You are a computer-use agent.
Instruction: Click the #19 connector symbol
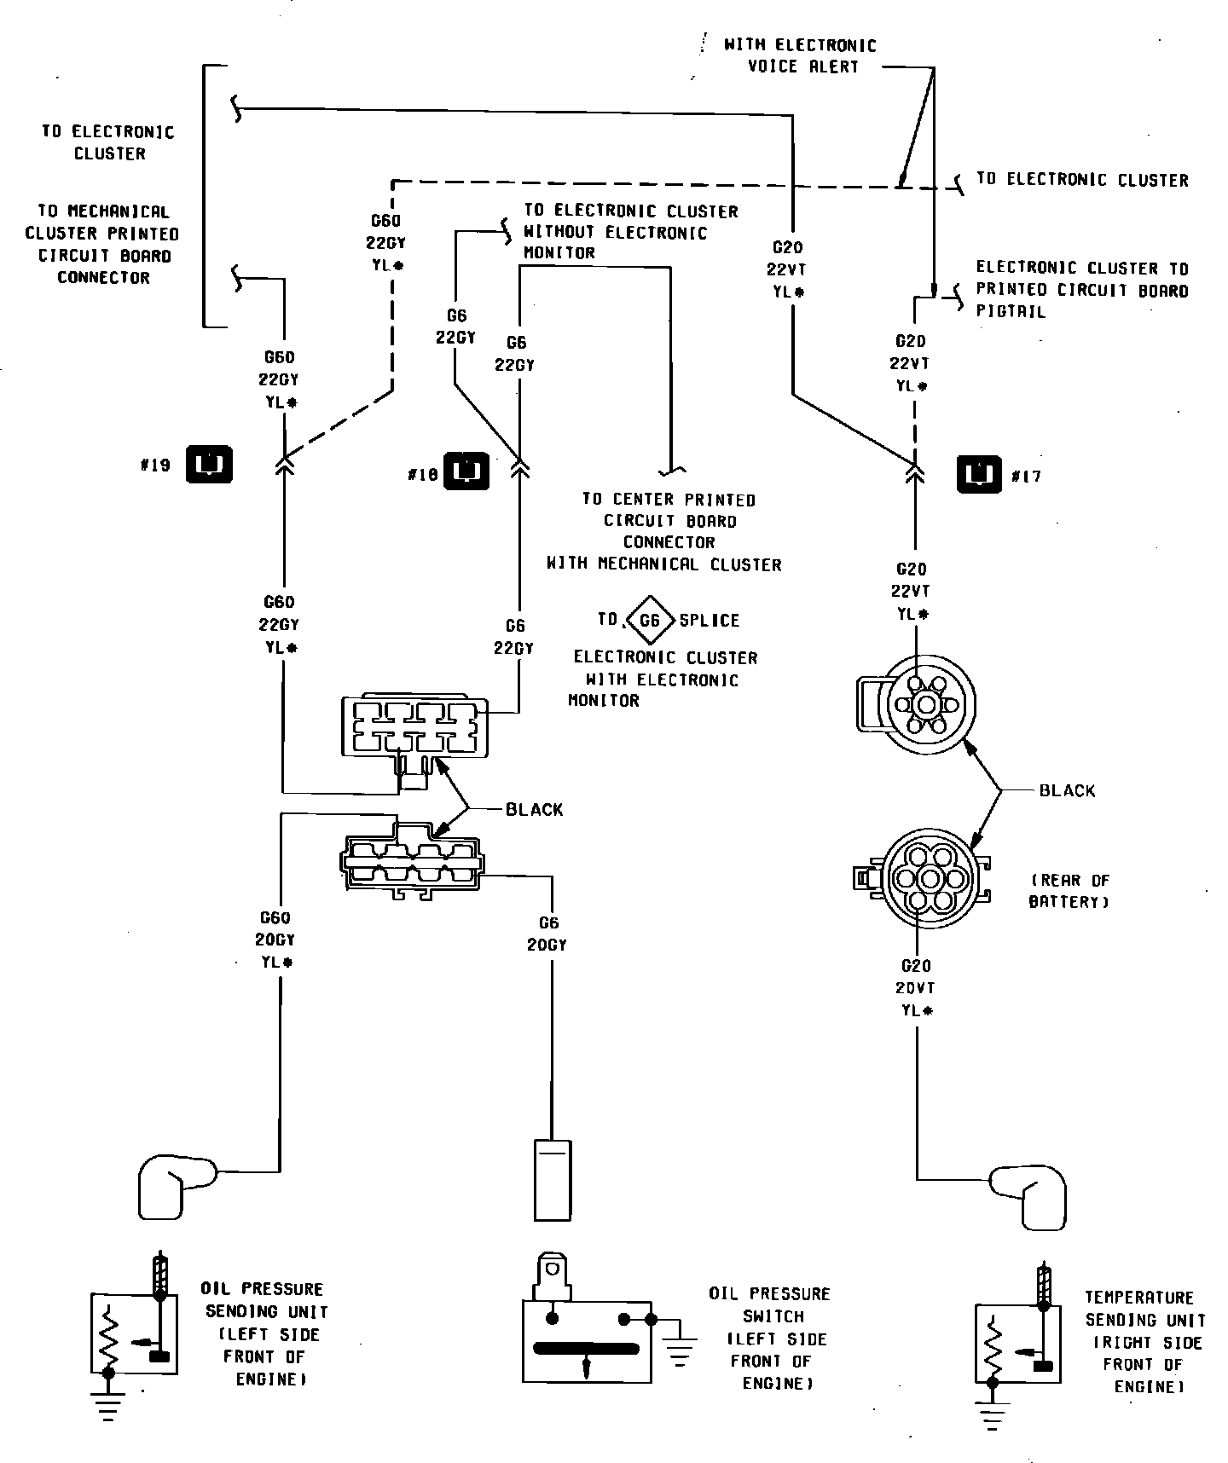[x=210, y=465]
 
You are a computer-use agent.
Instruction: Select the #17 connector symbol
[x=979, y=475]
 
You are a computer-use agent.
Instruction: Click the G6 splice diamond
[x=650, y=620]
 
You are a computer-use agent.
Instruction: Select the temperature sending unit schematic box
[x=1018, y=1355]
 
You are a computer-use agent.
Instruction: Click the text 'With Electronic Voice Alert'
[x=800, y=55]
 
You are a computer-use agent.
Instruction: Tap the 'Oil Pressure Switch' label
[x=769, y=1339]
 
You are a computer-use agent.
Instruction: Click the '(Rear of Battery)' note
[x=1069, y=891]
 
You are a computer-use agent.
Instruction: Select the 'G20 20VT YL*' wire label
[x=917, y=988]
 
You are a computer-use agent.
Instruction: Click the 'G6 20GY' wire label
[x=547, y=934]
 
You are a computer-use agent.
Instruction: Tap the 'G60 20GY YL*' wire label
[x=276, y=940]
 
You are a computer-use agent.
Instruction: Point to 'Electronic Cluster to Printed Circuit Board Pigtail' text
[x=1081, y=290]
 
